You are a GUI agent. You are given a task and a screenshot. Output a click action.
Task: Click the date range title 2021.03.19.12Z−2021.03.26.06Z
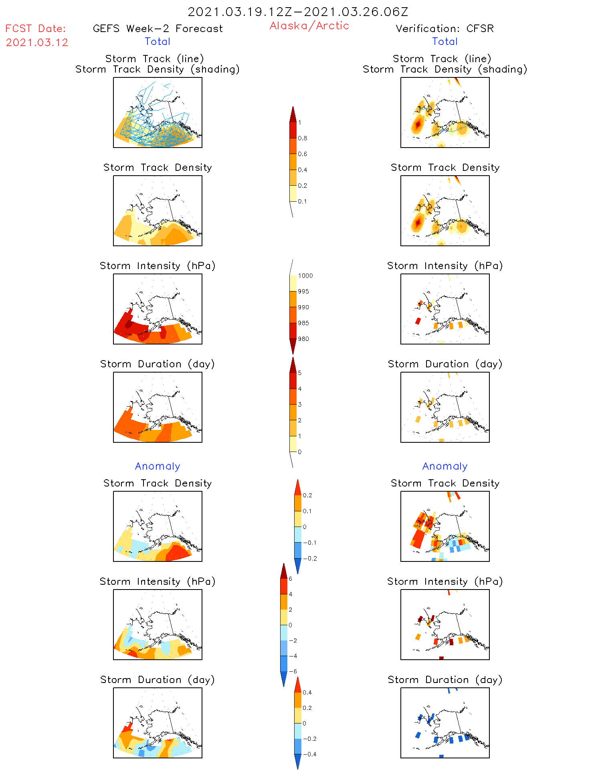click(298, 12)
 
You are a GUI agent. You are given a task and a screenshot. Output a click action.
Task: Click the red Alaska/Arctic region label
click(309, 26)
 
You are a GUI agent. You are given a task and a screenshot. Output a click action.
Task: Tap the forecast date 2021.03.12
click(37, 43)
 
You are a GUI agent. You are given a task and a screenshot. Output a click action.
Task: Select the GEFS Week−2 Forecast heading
click(158, 28)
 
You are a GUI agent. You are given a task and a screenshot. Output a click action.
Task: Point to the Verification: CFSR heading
click(444, 28)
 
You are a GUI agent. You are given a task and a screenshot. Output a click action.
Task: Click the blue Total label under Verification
click(444, 41)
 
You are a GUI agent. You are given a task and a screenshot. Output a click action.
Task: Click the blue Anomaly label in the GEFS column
click(158, 466)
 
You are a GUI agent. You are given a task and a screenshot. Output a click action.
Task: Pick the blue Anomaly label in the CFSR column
click(445, 466)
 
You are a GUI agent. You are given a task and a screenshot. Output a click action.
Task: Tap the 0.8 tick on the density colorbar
click(303, 138)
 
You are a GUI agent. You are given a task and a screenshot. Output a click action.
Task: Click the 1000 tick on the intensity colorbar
click(305, 276)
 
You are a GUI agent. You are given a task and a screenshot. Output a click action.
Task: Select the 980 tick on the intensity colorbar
click(303, 339)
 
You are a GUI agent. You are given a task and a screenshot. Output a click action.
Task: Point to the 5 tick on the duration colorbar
click(300, 373)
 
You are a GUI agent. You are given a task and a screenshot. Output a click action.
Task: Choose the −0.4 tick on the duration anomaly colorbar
click(309, 754)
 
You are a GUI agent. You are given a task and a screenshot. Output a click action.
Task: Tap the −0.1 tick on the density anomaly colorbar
click(309, 543)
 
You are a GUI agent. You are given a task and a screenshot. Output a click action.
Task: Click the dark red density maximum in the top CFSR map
click(418, 125)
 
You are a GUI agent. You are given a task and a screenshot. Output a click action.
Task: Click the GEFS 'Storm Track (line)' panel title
click(155, 59)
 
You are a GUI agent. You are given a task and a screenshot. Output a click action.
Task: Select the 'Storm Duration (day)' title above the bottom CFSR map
click(445, 680)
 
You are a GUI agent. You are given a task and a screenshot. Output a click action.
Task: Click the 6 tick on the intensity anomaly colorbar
click(291, 579)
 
